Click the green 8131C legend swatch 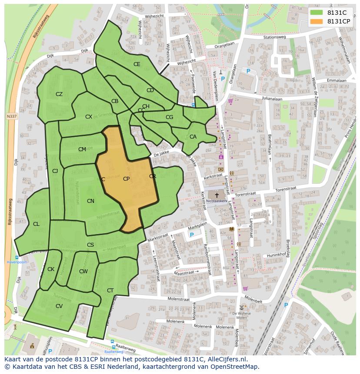(x=316, y=13)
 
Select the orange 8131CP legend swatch (x=316, y=21)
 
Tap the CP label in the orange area (x=126, y=179)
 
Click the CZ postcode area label (x=59, y=94)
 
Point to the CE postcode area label (x=137, y=64)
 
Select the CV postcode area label (x=59, y=306)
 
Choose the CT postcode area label (x=110, y=291)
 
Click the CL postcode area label (x=36, y=224)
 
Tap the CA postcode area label (x=193, y=137)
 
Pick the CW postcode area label (x=83, y=271)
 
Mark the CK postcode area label (x=51, y=269)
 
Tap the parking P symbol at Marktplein (x=191, y=235)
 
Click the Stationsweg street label (x=275, y=37)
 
